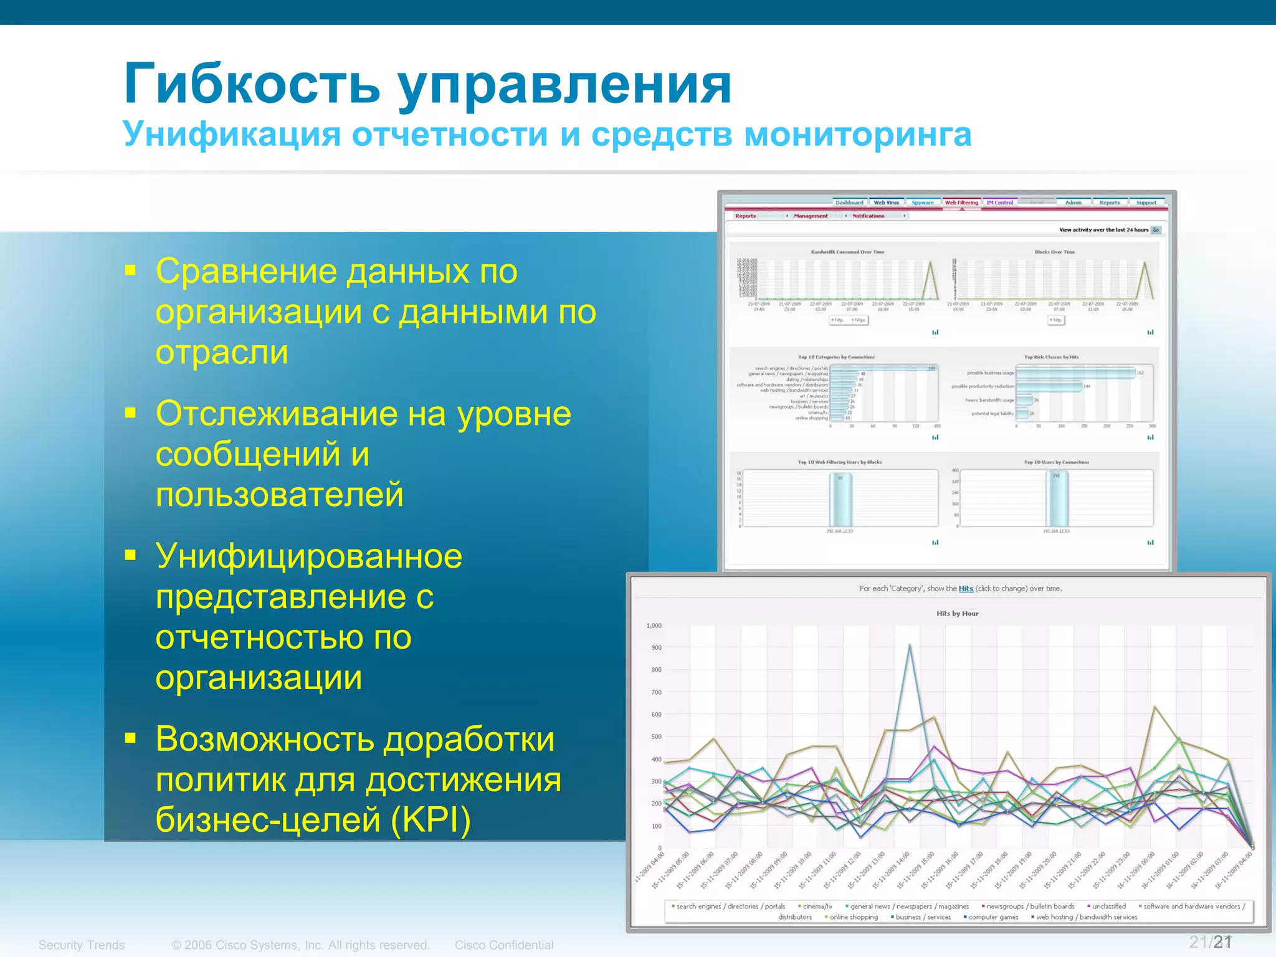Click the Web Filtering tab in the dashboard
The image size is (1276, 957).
pyautogui.click(x=961, y=202)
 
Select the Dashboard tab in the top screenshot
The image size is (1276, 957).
pyautogui.click(x=849, y=202)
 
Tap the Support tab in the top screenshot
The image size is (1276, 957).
pyautogui.click(x=1146, y=202)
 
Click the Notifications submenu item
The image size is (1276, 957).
pyautogui.click(x=868, y=216)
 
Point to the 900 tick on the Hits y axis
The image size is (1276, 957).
pyautogui.click(x=656, y=648)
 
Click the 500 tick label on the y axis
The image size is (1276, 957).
pyautogui.click(x=656, y=736)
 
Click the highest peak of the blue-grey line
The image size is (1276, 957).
pyautogui.click(x=910, y=645)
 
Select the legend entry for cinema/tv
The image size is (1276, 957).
pyautogui.click(x=817, y=907)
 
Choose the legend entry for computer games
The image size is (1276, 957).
pyautogui.click(x=993, y=917)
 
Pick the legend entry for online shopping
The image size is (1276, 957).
pyautogui.click(x=853, y=917)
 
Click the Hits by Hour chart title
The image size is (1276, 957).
pyautogui.click(x=957, y=614)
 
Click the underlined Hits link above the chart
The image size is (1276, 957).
pyautogui.click(x=966, y=589)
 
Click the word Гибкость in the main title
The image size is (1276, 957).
pyautogui.click(x=252, y=84)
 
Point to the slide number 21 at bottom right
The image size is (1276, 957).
pyautogui.click(x=1222, y=942)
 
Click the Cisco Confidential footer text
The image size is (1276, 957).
pyautogui.click(x=503, y=945)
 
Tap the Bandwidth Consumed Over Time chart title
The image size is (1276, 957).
pyautogui.click(x=847, y=252)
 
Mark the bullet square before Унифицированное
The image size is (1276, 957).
pyautogui.click(x=130, y=555)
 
